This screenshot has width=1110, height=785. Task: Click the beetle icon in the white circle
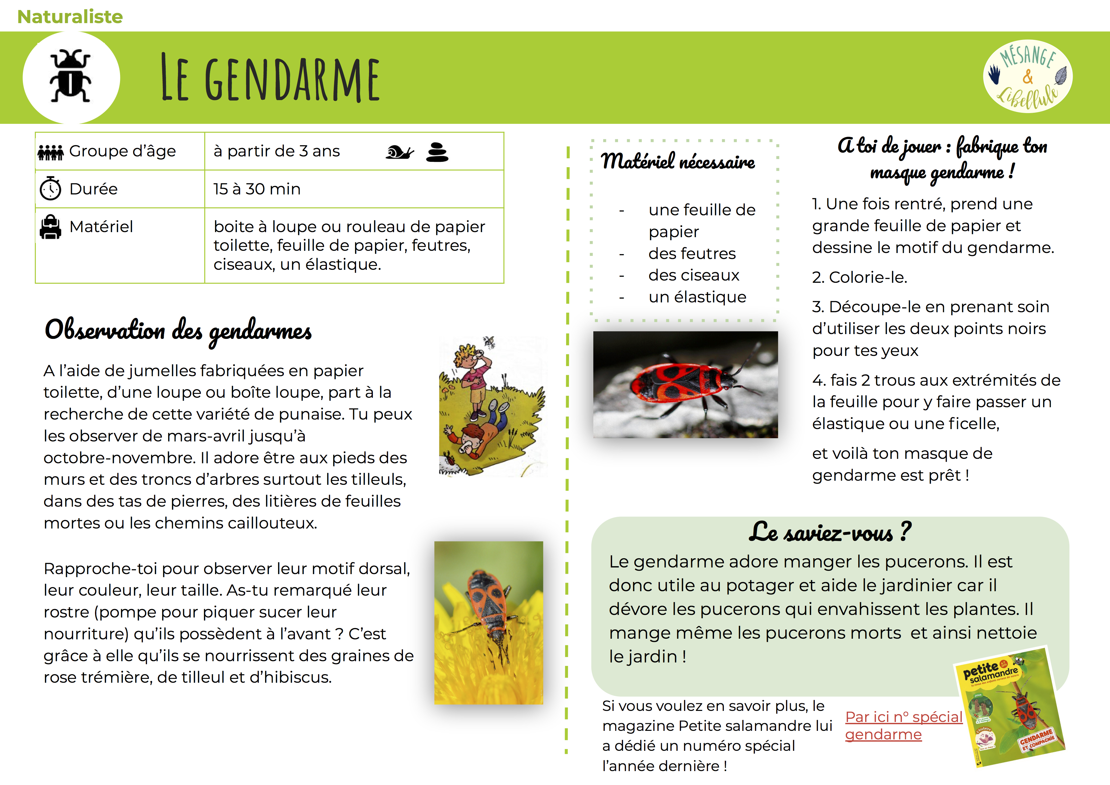(71, 76)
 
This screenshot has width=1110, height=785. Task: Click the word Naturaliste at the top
(70, 16)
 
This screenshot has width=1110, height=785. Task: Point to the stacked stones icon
(437, 152)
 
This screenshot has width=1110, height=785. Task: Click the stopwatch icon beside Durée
(50, 188)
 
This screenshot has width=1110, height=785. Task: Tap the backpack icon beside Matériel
(50, 227)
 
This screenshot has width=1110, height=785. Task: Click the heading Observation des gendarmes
(178, 331)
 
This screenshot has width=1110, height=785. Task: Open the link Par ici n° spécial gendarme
(903, 725)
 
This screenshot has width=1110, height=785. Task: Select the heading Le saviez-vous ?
(830, 532)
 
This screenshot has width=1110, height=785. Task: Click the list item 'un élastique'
(697, 297)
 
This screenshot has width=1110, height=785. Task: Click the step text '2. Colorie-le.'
(859, 277)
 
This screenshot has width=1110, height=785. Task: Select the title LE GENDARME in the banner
(271, 78)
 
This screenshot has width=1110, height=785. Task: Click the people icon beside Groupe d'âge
(50, 152)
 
